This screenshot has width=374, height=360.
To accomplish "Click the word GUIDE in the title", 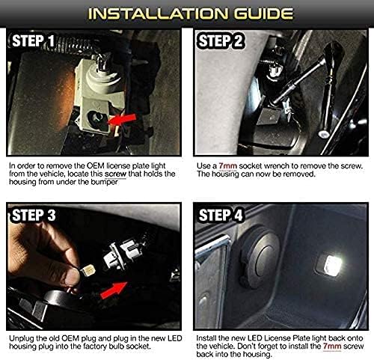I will tap(251, 13).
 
